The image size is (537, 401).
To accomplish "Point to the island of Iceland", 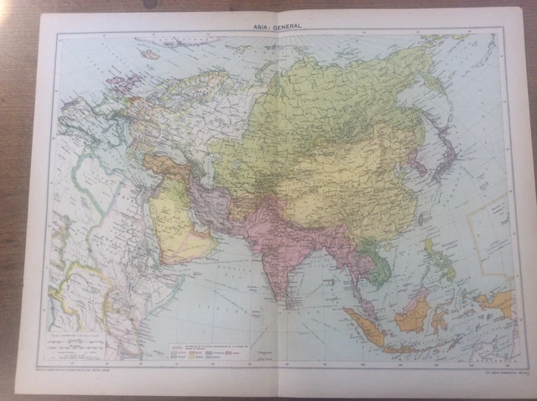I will pos(149,54).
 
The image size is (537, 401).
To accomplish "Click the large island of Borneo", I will pos(413,315).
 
